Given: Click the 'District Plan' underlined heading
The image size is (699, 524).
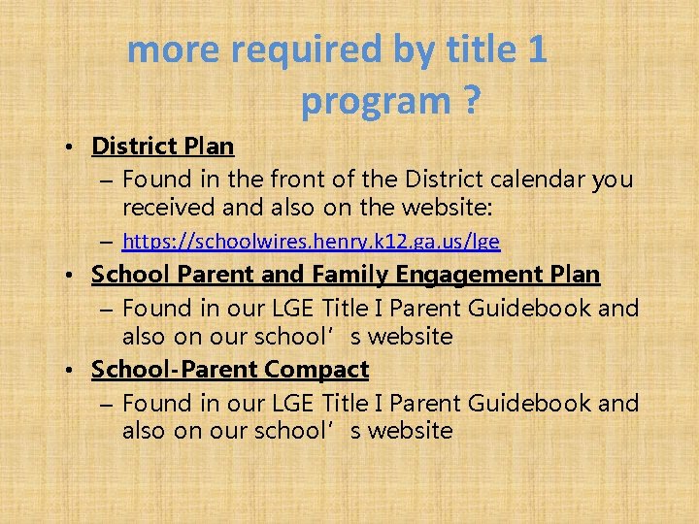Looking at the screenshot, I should [x=162, y=147].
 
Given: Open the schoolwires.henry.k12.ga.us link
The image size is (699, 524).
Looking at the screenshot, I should [x=312, y=241].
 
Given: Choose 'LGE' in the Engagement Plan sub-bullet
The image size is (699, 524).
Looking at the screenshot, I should [x=293, y=309].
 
